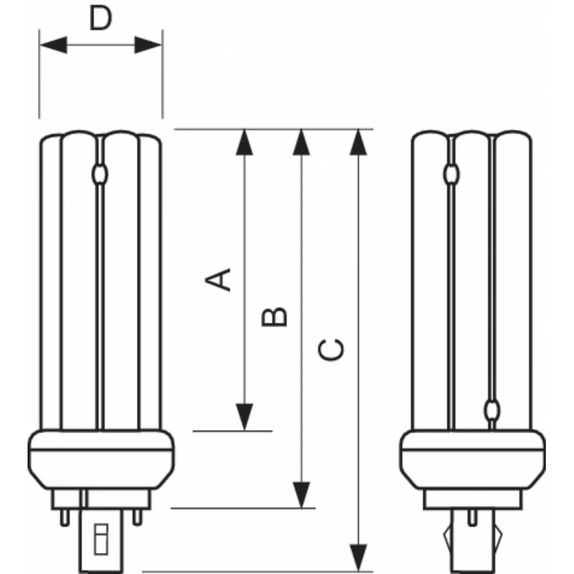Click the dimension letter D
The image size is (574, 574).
point(100,20)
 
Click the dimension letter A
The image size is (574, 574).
point(219,279)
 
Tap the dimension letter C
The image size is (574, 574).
point(331,350)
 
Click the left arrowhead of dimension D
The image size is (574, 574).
point(53,45)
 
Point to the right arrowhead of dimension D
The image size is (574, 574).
point(148,45)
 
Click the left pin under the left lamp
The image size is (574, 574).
point(64,517)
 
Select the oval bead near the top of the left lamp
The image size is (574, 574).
point(100,174)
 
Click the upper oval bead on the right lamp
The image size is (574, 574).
point(453,173)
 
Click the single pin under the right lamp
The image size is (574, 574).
point(472,517)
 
